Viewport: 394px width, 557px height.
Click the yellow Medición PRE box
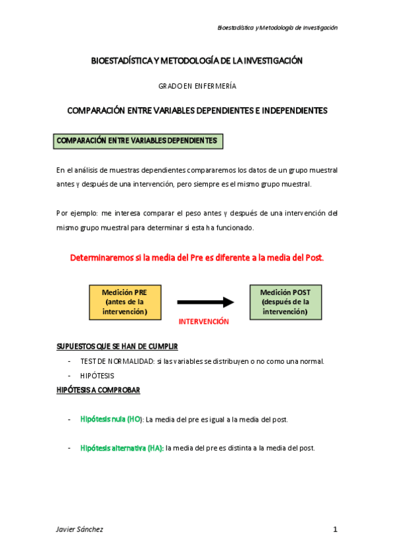125,302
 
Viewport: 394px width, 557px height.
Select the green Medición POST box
285,301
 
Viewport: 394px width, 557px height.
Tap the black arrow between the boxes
205,302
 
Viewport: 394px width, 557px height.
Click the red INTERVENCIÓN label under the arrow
204,322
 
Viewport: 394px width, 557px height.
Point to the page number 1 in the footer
335,529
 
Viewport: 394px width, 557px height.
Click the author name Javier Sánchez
80,529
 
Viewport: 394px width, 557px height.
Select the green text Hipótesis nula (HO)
111,418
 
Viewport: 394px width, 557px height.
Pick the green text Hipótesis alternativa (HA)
122,448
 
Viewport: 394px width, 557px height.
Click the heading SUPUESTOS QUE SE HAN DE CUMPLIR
116,346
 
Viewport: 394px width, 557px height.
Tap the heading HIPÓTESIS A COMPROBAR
98,390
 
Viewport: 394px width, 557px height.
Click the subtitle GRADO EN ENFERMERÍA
197,86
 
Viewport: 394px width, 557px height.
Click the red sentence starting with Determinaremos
197,257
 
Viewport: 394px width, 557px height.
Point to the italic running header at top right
277,28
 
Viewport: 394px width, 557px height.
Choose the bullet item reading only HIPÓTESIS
97,376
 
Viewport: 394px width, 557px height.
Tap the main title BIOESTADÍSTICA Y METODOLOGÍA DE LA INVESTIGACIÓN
197,60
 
